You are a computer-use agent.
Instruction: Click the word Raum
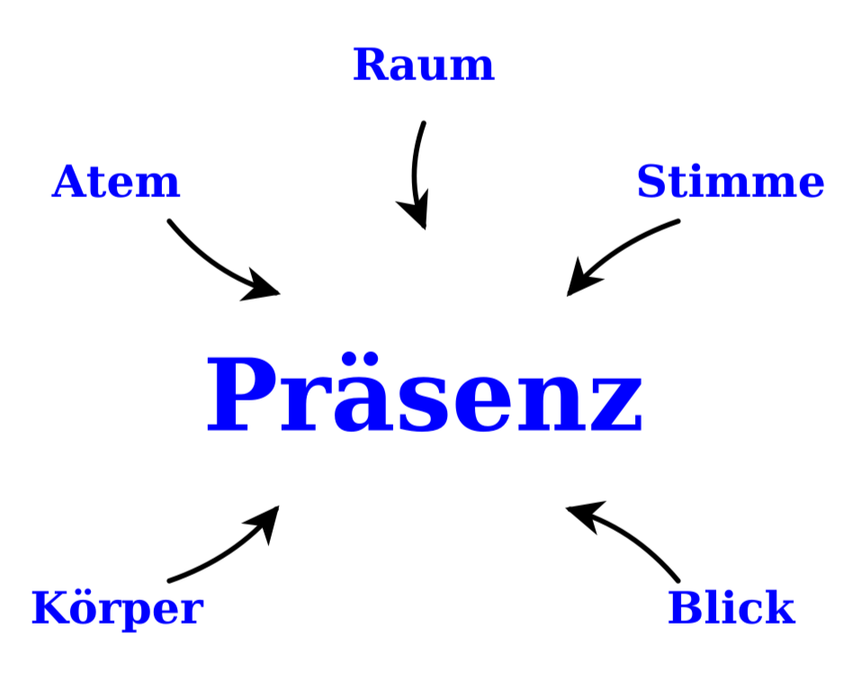(424, 65)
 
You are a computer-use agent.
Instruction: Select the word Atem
(116, 181)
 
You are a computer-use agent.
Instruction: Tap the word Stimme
(731, 181)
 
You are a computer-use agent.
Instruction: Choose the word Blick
(732, 607)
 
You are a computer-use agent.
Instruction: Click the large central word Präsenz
(425, 393)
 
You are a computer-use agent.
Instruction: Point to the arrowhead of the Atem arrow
(260, 285)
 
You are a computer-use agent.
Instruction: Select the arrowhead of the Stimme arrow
(582, 277)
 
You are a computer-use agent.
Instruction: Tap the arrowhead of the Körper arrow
(264, 523)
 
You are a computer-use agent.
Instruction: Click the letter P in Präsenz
(240, 394)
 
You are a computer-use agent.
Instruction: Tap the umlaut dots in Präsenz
(360, 359)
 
